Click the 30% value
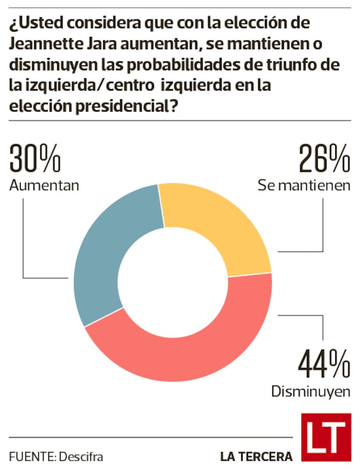[35, 159]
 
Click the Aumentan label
[44, 186]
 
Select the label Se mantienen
[304, 186]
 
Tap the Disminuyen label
[310, 391]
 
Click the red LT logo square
[326, 437]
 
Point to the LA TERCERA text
[256, 456]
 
